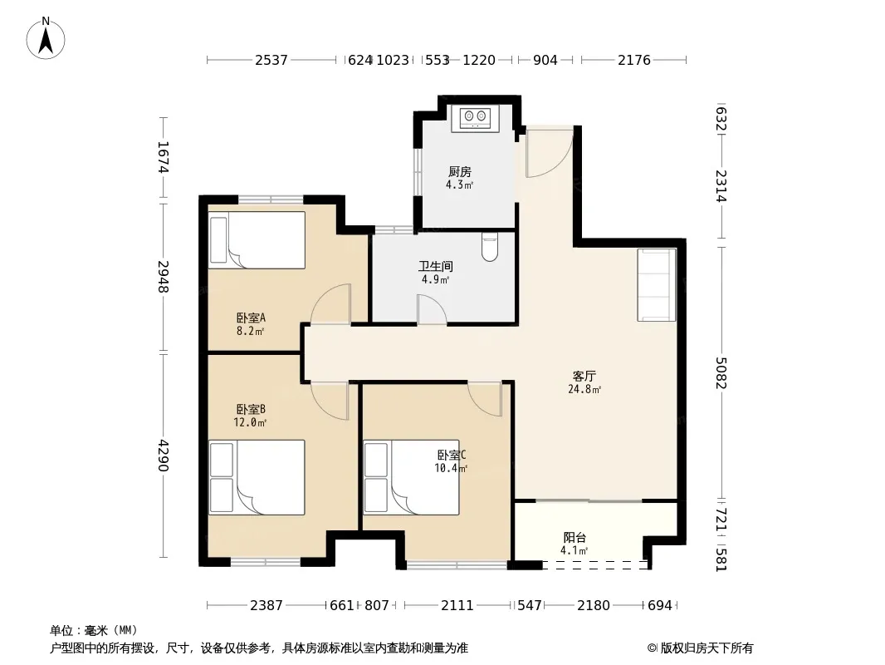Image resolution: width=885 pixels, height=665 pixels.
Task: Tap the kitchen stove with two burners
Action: [x=475, y=118]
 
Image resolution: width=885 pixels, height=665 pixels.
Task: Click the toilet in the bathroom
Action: [x=489, y=248]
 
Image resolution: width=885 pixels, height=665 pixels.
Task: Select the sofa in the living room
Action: [x=657, y=285]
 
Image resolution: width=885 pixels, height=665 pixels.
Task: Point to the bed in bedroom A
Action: [x=257, y=240]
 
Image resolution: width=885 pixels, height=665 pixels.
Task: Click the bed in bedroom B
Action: [x=257, y=477]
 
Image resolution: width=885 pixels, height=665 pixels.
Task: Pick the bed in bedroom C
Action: [x=412, y=477]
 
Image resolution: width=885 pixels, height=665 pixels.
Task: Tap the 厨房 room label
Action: [x=459, y=171]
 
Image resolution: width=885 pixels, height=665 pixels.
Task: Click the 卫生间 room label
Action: [x=435, y=266]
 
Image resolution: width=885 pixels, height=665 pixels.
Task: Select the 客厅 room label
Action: [x=584, y=376]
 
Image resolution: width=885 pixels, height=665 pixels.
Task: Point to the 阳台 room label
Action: [x=575, y=537]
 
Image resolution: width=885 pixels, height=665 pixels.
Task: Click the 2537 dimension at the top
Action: [x=271, y=60]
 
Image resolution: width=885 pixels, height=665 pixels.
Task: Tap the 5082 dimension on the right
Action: [x=721, y=373]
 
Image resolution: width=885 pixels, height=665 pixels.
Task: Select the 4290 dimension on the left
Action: [x=163, y=456]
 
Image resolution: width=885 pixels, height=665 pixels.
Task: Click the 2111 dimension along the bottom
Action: [x=457, y=606]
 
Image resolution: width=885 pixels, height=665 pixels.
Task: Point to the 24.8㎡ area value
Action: [x=584, y=389]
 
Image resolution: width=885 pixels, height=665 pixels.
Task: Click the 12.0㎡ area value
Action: [x=250, y=422]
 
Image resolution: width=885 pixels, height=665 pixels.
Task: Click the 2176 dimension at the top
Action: [x=633, y=60]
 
